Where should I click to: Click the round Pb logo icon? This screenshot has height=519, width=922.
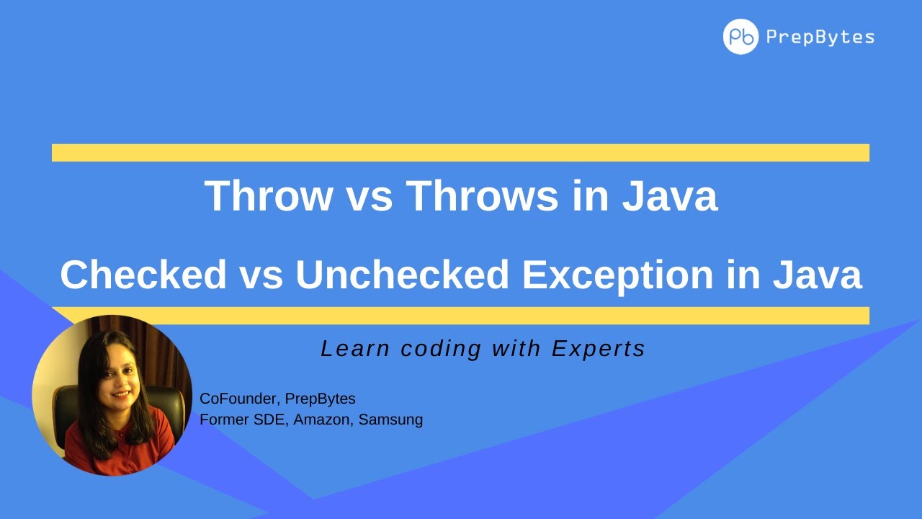[740, 37]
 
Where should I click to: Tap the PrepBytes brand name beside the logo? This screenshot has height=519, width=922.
[820, 37]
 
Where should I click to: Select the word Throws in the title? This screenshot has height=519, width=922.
[482, 195]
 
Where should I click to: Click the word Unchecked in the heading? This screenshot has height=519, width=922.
[399, 275]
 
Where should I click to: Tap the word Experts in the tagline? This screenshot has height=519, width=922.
[599, 349]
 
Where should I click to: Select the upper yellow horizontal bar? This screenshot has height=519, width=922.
[460, 153]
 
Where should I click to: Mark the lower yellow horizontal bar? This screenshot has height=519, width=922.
[460, 316]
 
